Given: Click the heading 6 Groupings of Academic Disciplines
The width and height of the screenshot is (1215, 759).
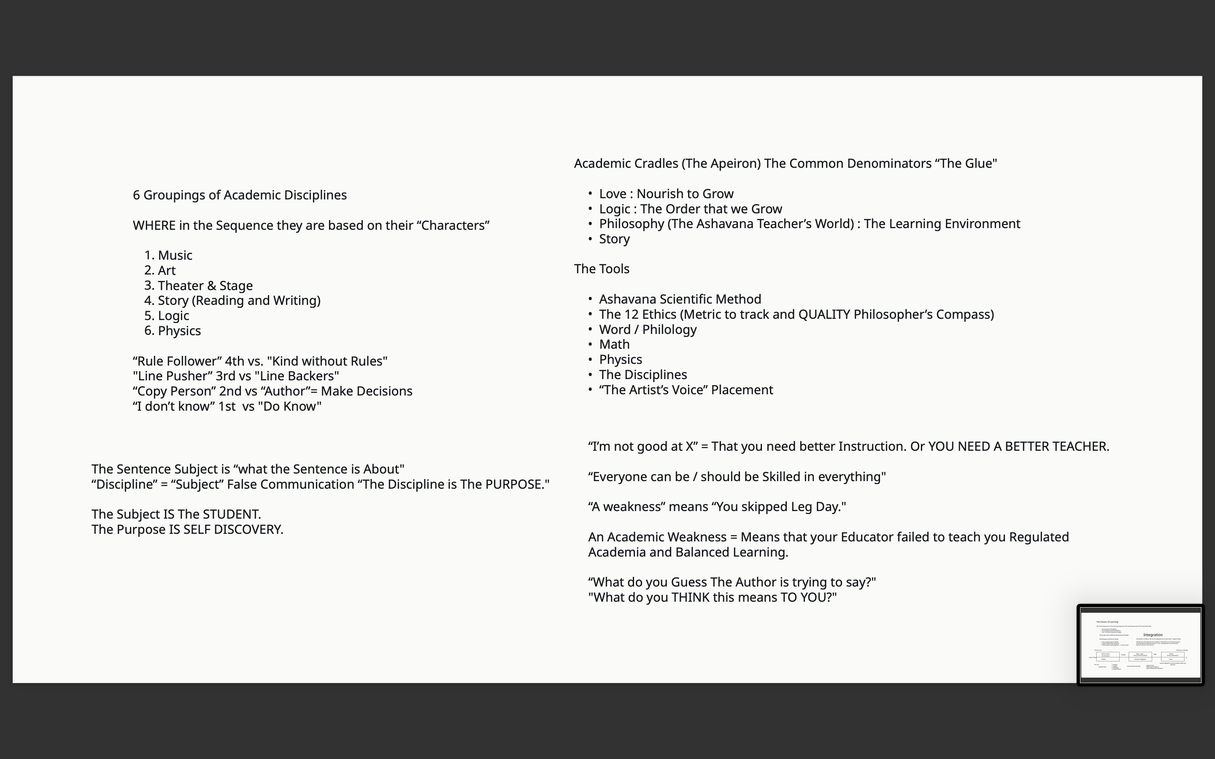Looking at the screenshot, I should (x=240, y=195).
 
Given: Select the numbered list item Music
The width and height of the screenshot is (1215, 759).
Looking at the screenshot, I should (x=175, y=255).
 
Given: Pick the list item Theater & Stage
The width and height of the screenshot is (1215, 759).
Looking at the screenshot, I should (x=205, y=285).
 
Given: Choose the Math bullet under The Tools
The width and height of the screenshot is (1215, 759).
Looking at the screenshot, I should (x=614, y=345).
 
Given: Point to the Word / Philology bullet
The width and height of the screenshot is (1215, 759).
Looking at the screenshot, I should (x=648, y=329).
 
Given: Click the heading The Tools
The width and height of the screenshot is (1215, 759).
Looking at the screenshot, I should (x=602, y=269).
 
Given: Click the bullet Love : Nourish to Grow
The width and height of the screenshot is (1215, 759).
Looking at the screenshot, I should (x=666, y=194).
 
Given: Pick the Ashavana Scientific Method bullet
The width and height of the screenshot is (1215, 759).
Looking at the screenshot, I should (x=680, y=299).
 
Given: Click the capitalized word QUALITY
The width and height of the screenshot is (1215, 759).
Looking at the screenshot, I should (x=824, y=314).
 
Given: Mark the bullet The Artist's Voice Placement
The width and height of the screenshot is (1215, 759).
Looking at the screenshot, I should (x=686, y=390).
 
